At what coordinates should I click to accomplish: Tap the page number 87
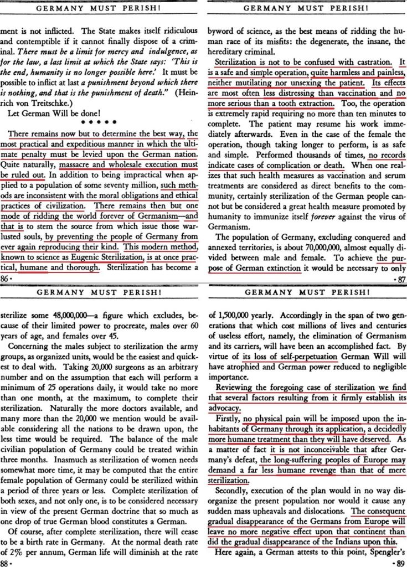pos(399,280)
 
